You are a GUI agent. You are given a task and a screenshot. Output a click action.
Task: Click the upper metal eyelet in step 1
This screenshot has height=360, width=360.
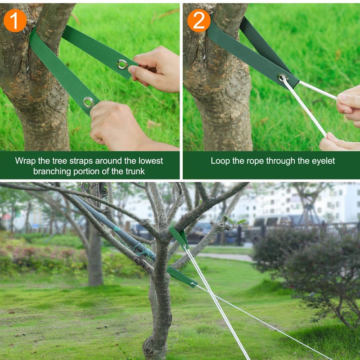coord(122,64)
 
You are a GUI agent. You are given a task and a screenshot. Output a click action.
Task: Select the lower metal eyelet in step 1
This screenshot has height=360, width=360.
coord(89,102)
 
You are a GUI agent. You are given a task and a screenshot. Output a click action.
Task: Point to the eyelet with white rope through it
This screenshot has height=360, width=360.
coord(283,78)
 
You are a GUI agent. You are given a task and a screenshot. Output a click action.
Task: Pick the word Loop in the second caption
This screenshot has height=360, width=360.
coord(220,161)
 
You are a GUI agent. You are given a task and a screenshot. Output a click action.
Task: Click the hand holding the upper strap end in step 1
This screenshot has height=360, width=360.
coord(155,70)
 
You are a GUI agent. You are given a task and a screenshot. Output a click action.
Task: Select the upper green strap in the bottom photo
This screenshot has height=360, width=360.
coord(179,236)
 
